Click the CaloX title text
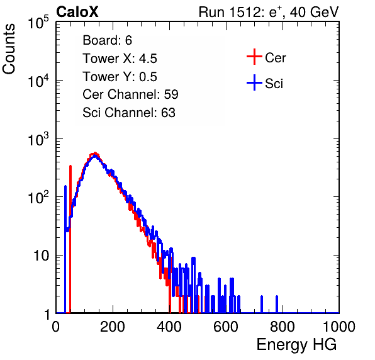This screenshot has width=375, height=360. (77, 12)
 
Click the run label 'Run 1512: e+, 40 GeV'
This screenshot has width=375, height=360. (269, 12)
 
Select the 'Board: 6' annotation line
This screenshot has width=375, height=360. (107, 40)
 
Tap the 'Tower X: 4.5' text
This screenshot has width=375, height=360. (120, 59)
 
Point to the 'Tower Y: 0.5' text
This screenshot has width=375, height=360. (120, 77)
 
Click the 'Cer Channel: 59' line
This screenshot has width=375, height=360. (130, 94)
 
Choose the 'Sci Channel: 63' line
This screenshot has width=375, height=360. (129, 113)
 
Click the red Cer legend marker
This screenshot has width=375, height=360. (254, 57)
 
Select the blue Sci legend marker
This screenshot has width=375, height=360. (254, 82)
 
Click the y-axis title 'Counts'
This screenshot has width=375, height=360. (9, 49)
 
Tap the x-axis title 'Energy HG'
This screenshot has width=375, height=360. (296, 345)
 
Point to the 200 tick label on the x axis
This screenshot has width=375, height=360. (113, 327)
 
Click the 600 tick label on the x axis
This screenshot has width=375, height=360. (226, 327)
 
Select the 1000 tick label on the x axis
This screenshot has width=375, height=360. (339, 327)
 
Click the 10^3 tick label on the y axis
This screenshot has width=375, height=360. (38, 139)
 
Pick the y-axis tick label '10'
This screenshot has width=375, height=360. (41, 256)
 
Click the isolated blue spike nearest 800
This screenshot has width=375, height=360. (277, 304)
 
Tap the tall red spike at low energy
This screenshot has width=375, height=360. (70, 239)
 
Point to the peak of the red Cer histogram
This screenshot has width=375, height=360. (95, 153)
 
